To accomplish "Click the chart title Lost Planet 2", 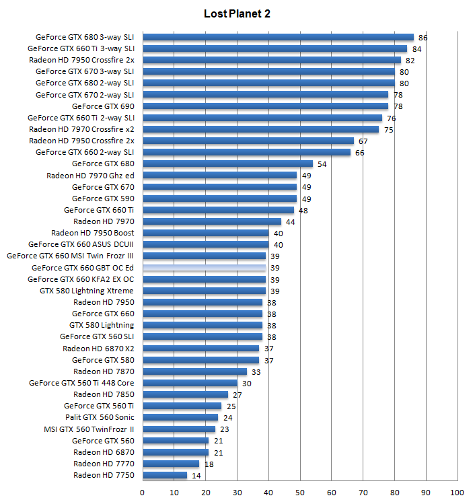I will [x=237, y=13].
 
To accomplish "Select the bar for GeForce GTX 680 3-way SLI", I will [x=278, y=37].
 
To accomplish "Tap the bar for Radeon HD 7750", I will [x=165, y=475].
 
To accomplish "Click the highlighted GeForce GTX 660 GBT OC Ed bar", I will [x=204, y=268].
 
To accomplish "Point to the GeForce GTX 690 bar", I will [x=265, y=106].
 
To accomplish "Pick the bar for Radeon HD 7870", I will [x=194, y=371].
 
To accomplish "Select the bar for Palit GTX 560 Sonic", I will [x=180, y=417].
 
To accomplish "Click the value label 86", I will [x=423, y=38].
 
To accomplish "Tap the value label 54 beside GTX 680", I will [x=322, y=164].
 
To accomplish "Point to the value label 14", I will [x=196, y=476].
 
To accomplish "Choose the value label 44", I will [x=291, y=221].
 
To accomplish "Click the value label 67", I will [x=363, y=141].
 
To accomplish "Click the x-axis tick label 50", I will [x=300, y=493].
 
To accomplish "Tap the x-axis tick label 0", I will [x=142, y=493].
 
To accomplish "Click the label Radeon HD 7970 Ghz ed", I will [x=90, y=176].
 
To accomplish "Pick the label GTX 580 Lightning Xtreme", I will [x=87, y=291].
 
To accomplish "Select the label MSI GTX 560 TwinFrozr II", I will [x=89, y=429].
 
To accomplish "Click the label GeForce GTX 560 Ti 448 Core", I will [x=81, y=383].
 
